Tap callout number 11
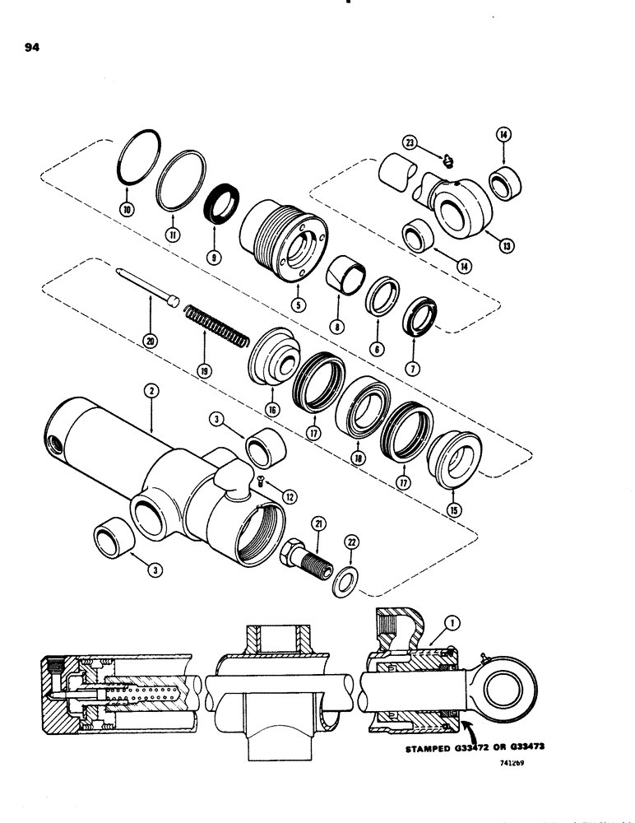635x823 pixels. pos(174,235)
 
